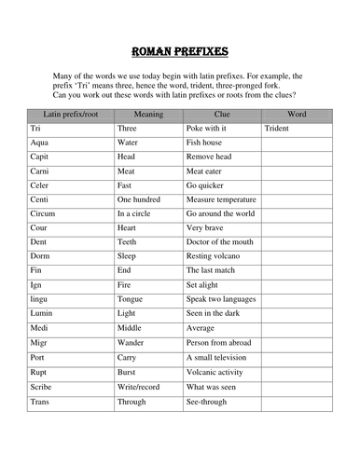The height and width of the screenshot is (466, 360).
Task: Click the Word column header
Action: pos(299,112)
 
